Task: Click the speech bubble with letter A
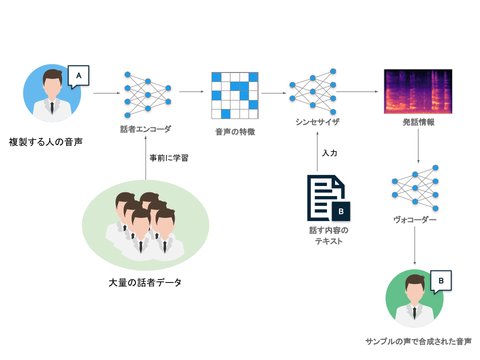78,75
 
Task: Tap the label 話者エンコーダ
145,129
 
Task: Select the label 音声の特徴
235,132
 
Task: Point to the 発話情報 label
418,121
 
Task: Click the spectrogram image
418,91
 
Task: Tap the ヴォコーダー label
415,219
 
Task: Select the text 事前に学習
169,157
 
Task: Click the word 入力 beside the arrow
330,153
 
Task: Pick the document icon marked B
328,198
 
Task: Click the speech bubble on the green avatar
440,281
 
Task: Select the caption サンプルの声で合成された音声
418,342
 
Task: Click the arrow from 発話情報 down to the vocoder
418,147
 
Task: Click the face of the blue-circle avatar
52,84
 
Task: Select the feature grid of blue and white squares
235,95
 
